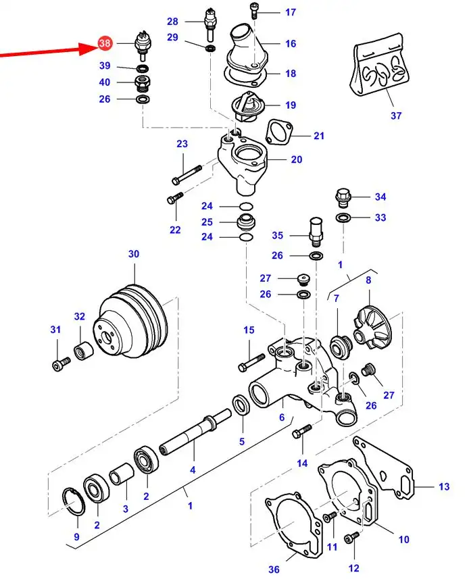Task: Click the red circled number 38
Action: [105, 43]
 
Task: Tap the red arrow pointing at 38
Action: [49, 51]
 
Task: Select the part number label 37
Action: [396, 116]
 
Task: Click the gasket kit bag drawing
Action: [379, 65]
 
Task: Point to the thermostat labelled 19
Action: [245, 108]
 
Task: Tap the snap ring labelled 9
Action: [73, 501]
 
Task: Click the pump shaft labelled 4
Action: [195, 432]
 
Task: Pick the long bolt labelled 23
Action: [187, 175]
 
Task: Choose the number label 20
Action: [297, 159]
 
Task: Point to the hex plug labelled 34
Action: [343, 199]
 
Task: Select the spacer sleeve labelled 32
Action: [84, 351]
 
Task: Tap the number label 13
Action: [444, 486]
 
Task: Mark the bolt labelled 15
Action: [251, 363]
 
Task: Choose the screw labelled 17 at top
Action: [253, 11]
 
